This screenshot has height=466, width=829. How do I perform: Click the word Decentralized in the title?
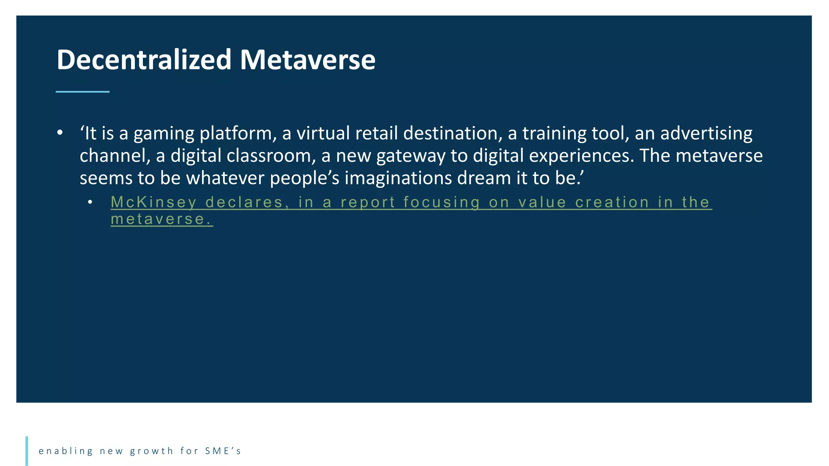pyautogui.click(x=144, y=60)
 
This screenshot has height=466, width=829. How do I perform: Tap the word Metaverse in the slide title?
pyautogui.click(x=308, y=60)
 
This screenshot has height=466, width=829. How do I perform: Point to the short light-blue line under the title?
pyautogui.click(x=83, y=92)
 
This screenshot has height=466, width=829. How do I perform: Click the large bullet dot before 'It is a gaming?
pyautogui.click(x=60, y=133)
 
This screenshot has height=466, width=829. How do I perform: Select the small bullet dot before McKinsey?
pyautogui.click(x=90, y=202)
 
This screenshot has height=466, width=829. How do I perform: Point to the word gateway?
pyautogui.click(x=410, y=156)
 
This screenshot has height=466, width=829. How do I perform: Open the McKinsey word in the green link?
pyautogui.click(x=153, y=202)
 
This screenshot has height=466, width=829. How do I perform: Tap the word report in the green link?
pyautogui.click(x=368, y=202)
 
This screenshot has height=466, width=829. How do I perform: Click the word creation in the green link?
pyautogui.click(x=612, y=202)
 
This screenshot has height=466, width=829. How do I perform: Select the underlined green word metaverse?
pyautogui.click(x=162, y=219)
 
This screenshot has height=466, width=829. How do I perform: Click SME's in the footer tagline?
pyautogui.click(x=223, y=451)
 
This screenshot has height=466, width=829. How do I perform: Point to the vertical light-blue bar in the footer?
pyautogui.click(x=27, y=451)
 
